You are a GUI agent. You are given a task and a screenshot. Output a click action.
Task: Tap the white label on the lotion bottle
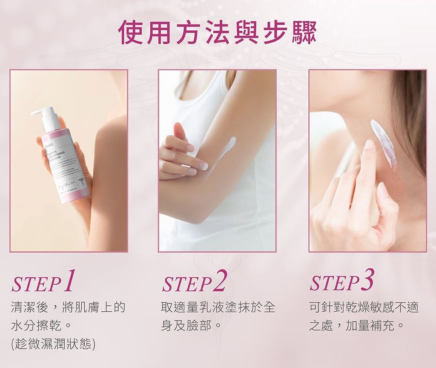(68, 164)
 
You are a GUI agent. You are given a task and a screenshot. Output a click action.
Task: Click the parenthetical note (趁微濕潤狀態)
(53, 344)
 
